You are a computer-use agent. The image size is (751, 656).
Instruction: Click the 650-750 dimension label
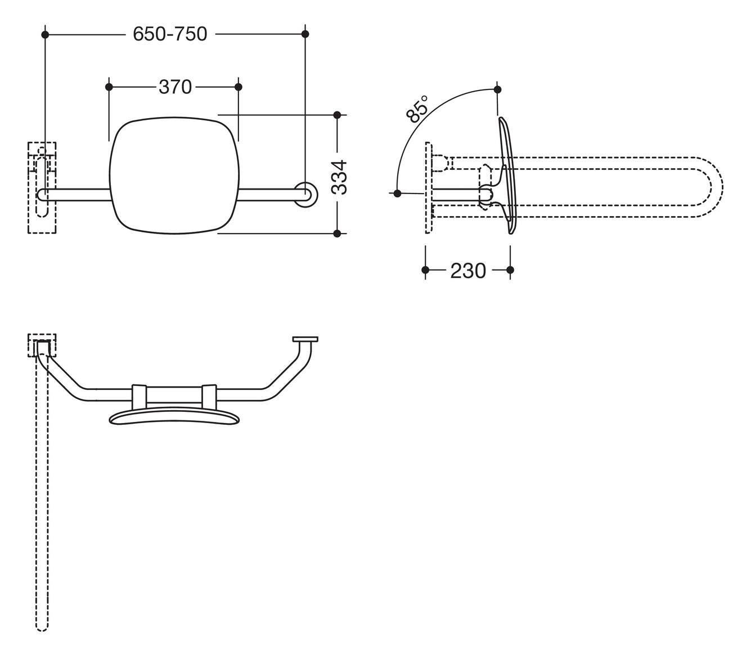[x=170, y=34]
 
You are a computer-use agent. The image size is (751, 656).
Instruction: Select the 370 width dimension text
[x=175, y=87]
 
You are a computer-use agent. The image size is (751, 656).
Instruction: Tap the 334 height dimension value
[x=339, y=177]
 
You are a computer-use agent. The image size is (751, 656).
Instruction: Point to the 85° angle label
[x=417, y=109]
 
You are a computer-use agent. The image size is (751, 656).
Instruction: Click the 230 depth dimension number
[x=467, y=271]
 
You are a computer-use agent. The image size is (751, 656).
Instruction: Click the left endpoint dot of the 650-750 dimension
[x=46, y=34]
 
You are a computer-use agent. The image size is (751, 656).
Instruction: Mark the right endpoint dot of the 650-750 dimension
[x=305, y=34]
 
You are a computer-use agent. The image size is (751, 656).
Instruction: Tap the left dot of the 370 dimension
[x=109, y=87]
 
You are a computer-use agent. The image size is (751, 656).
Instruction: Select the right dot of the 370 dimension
[x=238, y=87]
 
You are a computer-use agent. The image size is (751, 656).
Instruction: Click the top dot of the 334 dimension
[x=337, y=115]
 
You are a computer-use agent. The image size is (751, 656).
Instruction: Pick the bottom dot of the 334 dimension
[x=337, y=233]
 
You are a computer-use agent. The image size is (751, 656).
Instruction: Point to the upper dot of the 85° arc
[x=497, y=89]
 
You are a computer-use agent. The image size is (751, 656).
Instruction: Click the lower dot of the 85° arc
[x=398, y=193]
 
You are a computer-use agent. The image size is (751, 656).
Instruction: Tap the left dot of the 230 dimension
[x=426, y=270]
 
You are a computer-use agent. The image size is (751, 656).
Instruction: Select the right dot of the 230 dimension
[x=510, y=270]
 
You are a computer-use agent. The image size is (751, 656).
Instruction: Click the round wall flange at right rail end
[x=306, y=194]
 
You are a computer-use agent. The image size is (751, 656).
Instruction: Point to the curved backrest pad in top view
[x=173, y=417]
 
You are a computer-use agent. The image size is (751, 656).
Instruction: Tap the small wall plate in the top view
[x=305, y=339]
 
